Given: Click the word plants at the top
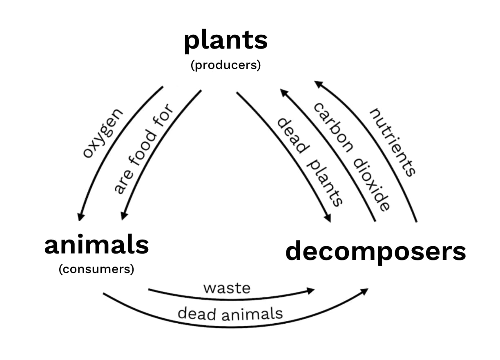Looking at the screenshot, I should (225, 41).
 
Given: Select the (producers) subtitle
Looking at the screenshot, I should (225, 65).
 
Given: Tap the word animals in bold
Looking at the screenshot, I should (97, 245).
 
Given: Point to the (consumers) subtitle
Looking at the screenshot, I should (96, 269).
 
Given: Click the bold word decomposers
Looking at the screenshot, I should (375, 251).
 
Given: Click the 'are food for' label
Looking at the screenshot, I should (143, 149).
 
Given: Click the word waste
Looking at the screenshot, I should (227, 288).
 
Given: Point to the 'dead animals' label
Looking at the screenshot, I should (230, 313).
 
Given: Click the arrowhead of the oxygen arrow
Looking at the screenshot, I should (81, 216).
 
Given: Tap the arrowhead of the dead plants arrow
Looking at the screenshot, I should (328, 218).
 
